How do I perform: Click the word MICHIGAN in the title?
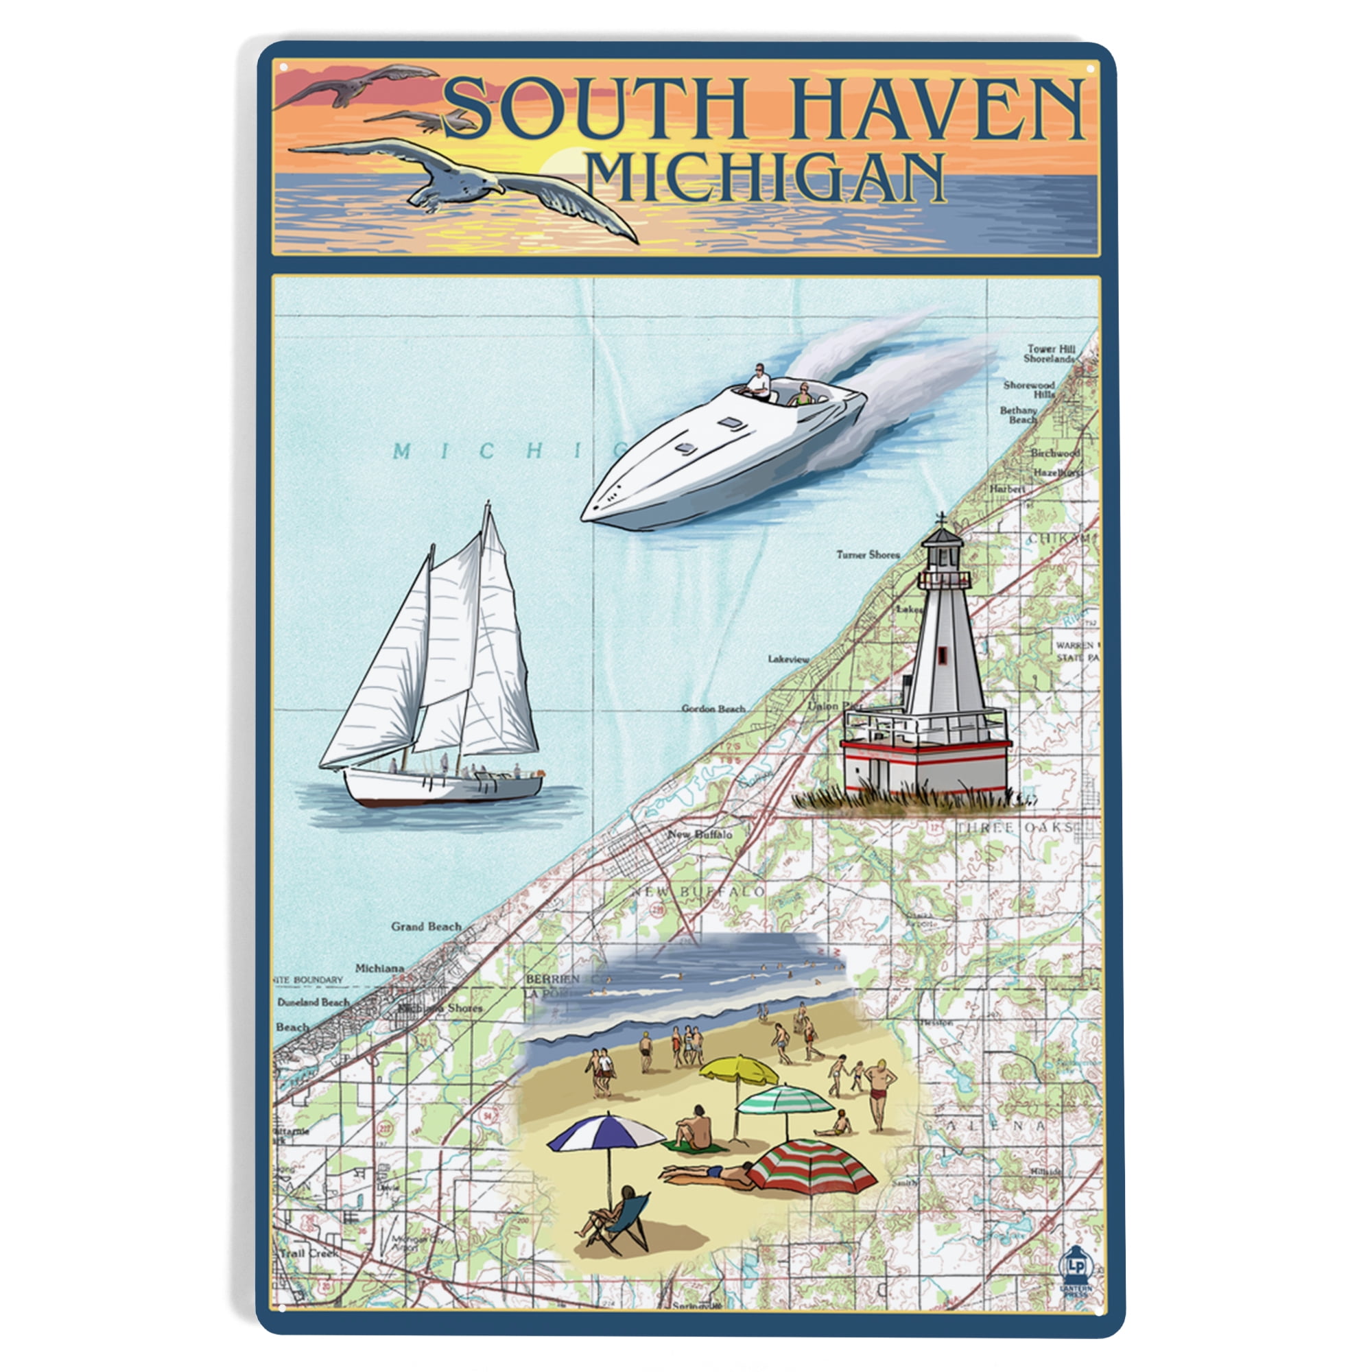click(767, 178)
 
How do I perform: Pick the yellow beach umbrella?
click(739, 1069)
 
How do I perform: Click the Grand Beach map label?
click(426, 926)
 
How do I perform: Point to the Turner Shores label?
click(867, 554)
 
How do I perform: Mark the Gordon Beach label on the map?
click(713, 708)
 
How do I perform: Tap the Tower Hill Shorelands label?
click(1050, 354)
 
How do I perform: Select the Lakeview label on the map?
click(788, 659)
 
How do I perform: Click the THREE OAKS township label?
click(1015, 828)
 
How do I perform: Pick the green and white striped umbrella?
click(785, 1101)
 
